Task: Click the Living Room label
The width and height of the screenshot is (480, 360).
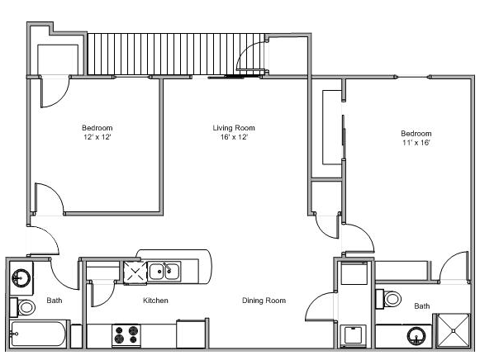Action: pyautogui.click(x=234, y=128)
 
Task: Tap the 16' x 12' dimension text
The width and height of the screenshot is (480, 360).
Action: pyautogui.click(x=234, y=138)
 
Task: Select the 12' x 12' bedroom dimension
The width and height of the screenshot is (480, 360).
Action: pyautogui.click(x=97, y=138)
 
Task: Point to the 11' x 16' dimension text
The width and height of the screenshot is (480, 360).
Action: pyautogui.click(x=416, y=143)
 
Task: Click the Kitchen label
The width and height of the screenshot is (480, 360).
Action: pyautogui.click(x=155, y=301)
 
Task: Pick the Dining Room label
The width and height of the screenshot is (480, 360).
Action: pyautogui.click(x=264, y=301)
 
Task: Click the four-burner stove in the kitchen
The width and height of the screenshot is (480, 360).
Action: pyautogui.click(x=126, y=335)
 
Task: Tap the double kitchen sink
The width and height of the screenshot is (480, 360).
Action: pyautogui.click(x=164, y=270)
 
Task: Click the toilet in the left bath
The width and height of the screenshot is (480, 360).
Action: pyautogui.click(x=25, y=308)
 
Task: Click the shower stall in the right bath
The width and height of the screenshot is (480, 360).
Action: pyautogui.click(x=454, y=334)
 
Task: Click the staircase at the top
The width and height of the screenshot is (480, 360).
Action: pyautogui.click(x=173, y=54)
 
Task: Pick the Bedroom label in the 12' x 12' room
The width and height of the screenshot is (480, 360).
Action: pyautogui.click(x=97, y=128)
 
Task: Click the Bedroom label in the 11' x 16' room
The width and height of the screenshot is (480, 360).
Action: pyautogui.click(x=416, y=133)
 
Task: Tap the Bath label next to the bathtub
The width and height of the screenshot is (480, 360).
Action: pyautogui.click(x=55, y=301)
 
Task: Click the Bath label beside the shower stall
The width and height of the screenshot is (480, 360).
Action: pyautogui.click(x=422, y=306)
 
